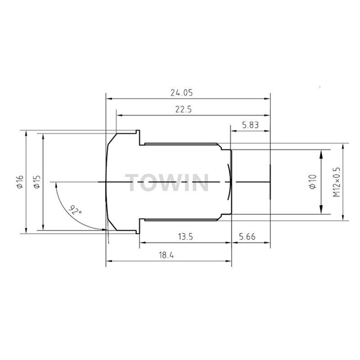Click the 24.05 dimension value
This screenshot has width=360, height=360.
pyautogui.click(x=181, y=93)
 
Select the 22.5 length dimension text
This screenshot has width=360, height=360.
pyautogui.click(x=184, y=109)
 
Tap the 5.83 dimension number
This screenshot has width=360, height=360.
pyautogui.click(x=250, y=125)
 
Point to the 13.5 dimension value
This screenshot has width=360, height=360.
pyautogui.click(x=185, y=237)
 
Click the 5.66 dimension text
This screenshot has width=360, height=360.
pyautogui.click(x=247, y=237)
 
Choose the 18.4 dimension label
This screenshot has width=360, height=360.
pyautogui.click(x=166, y=255)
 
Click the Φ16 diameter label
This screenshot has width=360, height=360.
pyautogui.click(x=20, y=182)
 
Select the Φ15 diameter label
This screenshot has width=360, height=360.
pyautogui.click(x=37, y=182)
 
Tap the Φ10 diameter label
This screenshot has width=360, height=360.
pyautogui.click(x=313, y=182)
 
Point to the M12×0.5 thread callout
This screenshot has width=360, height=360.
pyautogui.click(x=336, y=182)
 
